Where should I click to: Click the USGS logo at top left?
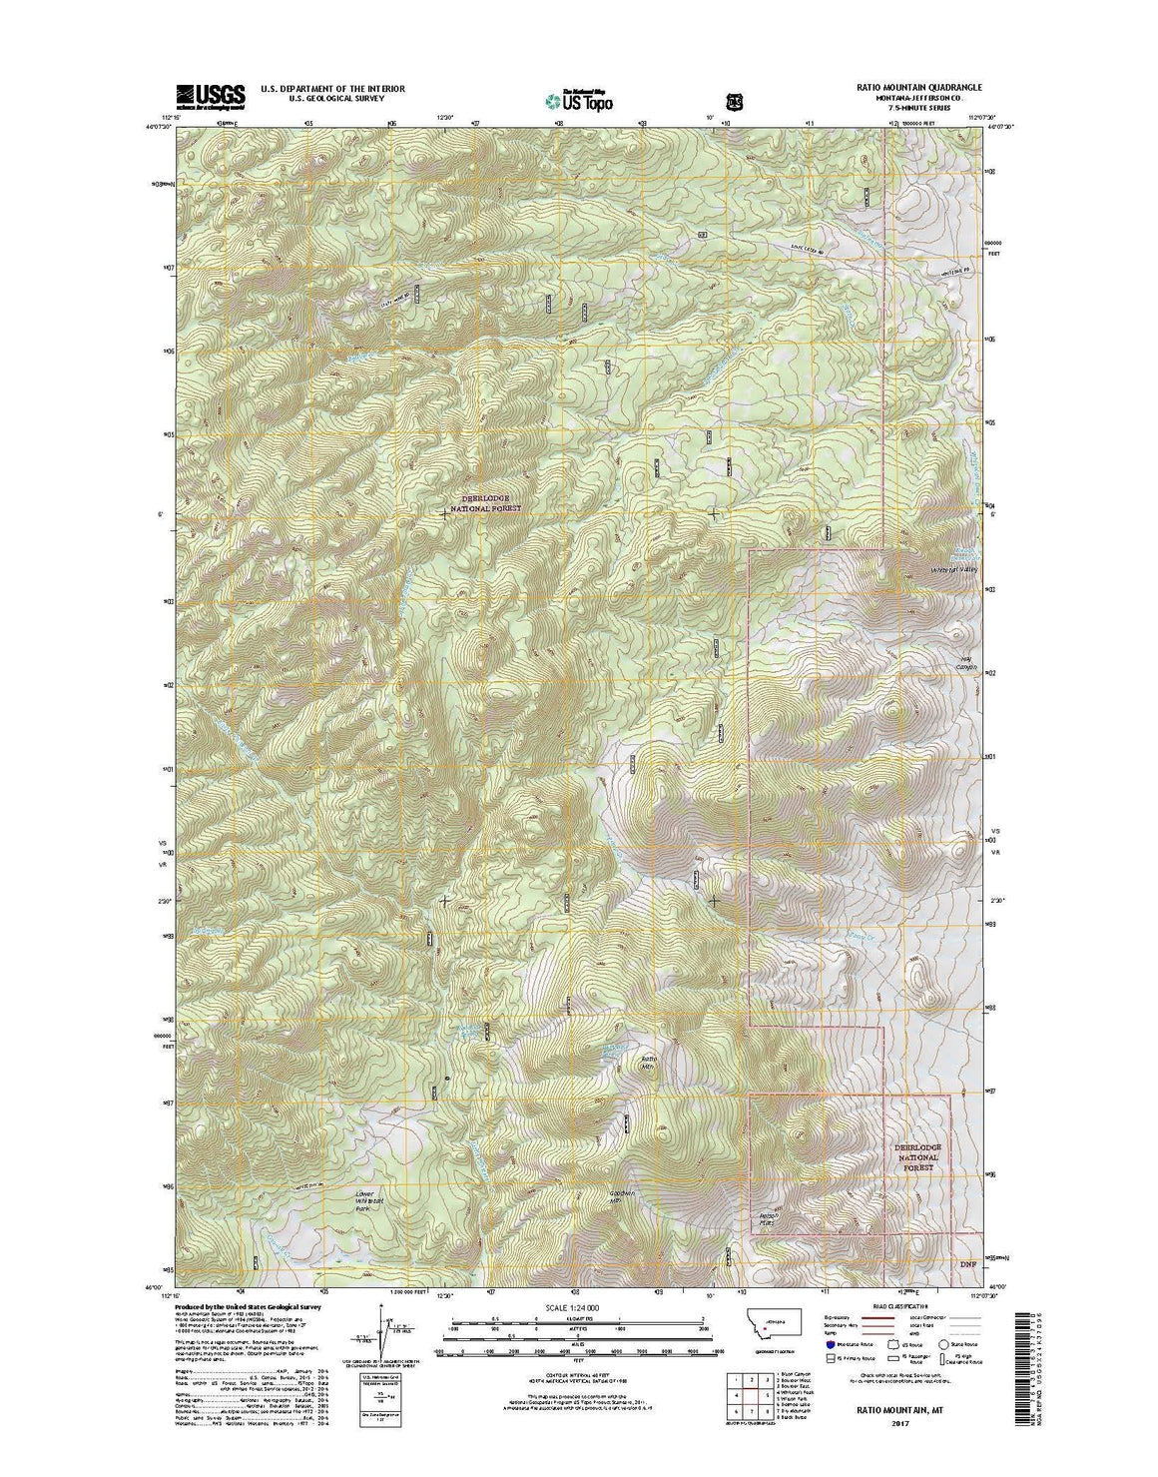[211, 96]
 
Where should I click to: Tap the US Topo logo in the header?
[579, 99]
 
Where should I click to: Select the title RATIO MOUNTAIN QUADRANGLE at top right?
[918, 88]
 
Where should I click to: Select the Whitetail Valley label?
[953, 569]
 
